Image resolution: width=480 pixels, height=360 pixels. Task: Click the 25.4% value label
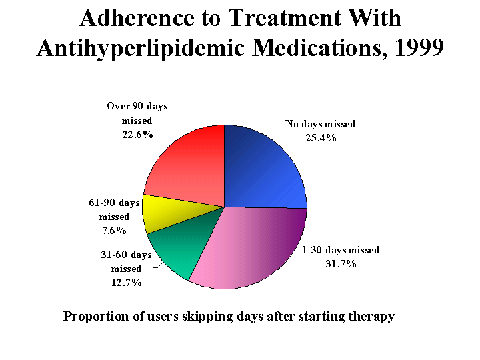320,138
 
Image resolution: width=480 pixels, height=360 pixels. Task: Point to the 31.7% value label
340,264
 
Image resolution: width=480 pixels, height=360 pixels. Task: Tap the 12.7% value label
127,282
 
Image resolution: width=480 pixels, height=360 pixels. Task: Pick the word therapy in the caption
369,316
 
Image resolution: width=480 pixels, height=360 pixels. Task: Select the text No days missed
320,124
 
